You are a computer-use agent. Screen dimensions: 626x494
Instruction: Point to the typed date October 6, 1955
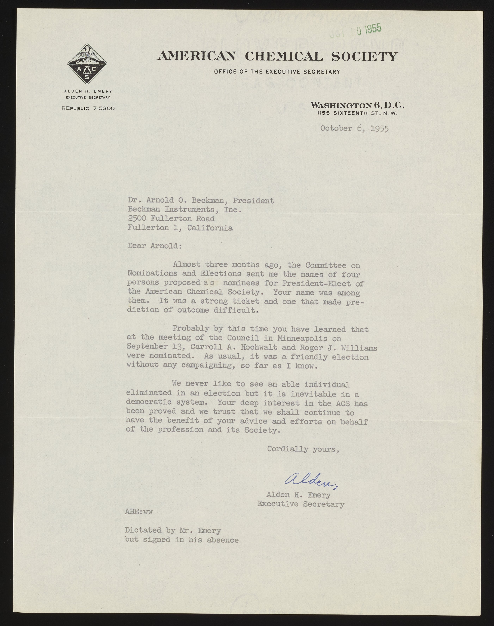click(354, 129)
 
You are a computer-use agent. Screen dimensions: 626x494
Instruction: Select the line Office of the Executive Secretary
click(277, 71)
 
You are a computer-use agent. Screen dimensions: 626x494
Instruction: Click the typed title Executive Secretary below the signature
click(301, 504)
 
